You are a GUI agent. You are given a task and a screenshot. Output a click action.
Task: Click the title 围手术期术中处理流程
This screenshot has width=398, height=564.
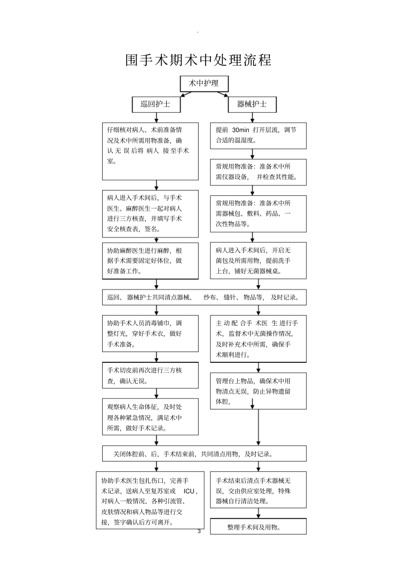(x=199, y=60)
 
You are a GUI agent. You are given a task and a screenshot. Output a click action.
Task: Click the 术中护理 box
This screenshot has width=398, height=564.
(x=204, y=83)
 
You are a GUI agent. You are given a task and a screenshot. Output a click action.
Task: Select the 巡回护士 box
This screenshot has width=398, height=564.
(x=156, y=104)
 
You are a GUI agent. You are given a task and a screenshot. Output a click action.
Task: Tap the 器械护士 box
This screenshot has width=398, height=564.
(x=252, y=104)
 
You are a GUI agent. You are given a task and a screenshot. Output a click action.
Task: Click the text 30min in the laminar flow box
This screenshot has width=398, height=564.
(x=240, y=130)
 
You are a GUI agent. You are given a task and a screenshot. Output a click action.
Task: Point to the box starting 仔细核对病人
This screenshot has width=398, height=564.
(x=150, y=151)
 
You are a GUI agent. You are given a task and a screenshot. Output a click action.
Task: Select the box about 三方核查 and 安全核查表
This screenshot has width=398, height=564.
(x=150, y=213)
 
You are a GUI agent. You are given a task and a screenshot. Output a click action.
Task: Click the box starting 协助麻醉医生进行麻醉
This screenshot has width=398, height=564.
(x=150, y=261)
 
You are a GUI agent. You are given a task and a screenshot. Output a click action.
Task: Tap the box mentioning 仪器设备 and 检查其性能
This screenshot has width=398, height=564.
(x=258, y=172)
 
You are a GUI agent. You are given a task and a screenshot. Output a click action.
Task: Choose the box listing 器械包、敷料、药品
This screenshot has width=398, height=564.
(x=258, y=213)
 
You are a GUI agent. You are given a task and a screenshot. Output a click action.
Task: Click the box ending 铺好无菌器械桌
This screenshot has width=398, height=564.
(x=258, y=260)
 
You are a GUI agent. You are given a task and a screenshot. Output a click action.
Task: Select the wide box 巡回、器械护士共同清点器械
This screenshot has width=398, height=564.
(x=204, y=297)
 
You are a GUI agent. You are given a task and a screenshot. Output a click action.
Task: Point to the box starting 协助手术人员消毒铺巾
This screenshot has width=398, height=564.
(x=150, y=334)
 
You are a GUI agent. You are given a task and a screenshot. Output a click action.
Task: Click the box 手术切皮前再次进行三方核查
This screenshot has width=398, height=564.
(x=150, y=376)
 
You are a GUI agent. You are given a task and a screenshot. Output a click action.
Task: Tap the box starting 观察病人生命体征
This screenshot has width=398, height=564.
(x=150, y=417)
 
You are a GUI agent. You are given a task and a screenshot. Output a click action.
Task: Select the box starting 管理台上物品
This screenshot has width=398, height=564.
(x=258, y=391)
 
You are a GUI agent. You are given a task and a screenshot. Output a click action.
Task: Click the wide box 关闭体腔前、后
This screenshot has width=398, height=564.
(x=204, y=454)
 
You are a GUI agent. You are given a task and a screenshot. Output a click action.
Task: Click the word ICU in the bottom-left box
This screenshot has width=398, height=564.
(x=189, y=491)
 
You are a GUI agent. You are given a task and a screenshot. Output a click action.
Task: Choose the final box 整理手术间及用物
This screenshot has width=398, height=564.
(x=258, y=527)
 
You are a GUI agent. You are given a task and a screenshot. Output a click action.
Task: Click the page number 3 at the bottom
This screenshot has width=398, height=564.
(x=199, y=531)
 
